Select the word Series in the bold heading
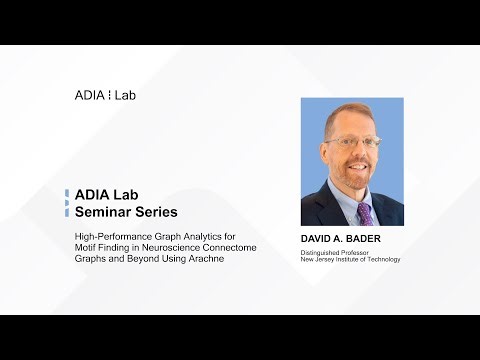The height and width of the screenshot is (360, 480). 156,213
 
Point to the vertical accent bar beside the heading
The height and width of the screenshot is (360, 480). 67,204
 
